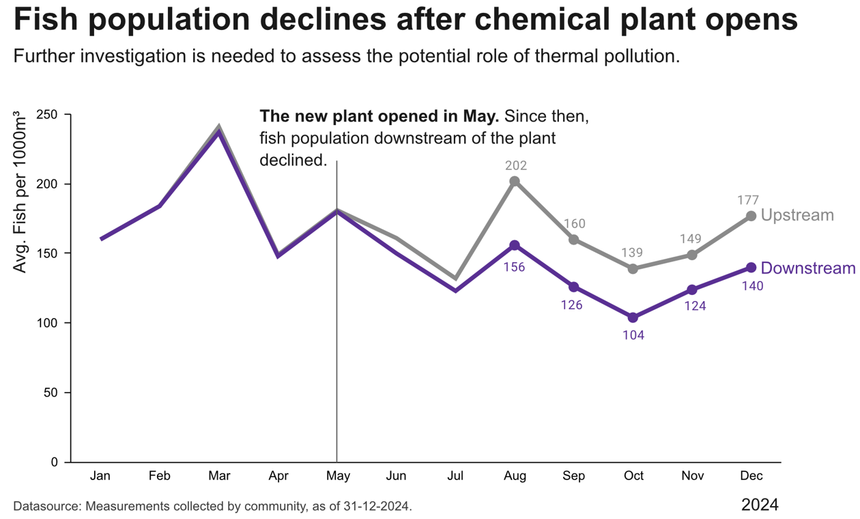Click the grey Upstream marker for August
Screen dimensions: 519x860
click(515, 182)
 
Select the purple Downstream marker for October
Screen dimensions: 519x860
click(633, 318)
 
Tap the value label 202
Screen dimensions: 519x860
click(516, 165)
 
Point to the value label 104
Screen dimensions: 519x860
click(633, 335)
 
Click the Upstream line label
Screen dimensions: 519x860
click(797, 215)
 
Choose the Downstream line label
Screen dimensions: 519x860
click(807, 268)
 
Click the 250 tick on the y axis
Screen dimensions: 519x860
click(47, 115)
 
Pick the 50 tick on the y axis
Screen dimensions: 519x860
click(51, 393)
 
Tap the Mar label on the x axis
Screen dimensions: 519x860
click(219, 476)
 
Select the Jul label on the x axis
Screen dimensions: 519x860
click(455, 476)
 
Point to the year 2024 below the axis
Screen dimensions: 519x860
click(760, 505)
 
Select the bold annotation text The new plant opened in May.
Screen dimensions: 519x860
click(379, 116)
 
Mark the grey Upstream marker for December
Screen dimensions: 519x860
click(751, 216)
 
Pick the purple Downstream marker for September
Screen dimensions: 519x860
click(574, 287)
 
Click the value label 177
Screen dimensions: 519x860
click(749, 200)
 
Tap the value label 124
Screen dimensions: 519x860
click(693, 306)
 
